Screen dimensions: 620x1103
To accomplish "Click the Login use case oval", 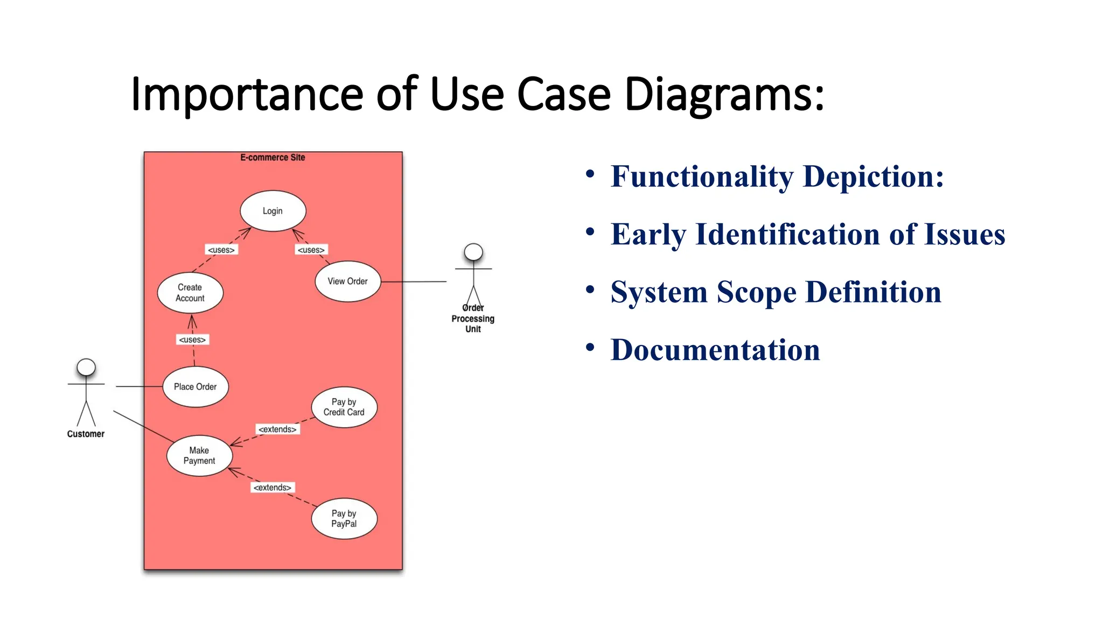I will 273,211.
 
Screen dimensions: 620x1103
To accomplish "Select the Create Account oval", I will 190,293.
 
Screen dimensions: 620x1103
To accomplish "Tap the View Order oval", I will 347,281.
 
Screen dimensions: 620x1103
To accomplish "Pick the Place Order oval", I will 195,387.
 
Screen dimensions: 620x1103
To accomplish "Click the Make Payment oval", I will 199,456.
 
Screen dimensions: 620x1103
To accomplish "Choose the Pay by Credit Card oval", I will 344,407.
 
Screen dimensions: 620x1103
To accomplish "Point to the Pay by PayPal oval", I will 344,519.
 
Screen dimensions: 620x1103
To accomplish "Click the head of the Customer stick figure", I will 86,367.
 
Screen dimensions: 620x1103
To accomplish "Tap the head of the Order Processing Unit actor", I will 473,252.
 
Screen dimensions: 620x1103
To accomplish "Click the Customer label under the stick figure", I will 86,434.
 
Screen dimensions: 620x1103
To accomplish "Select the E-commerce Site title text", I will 273,158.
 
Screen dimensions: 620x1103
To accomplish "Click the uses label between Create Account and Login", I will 221,250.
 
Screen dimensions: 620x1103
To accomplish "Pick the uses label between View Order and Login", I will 311,250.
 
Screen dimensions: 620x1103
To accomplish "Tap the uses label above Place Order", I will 192,340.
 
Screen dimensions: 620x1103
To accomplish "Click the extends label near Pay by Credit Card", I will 277,429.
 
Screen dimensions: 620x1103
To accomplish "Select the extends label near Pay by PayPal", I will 273,487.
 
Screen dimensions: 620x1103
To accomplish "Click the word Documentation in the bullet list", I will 715,350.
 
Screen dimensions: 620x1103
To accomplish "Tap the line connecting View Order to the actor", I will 414,281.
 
